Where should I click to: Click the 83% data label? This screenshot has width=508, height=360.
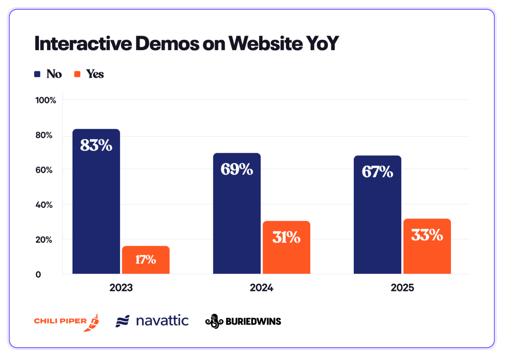click(96, 145)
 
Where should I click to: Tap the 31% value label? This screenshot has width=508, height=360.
click(286, 237)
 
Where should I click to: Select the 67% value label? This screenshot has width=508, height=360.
click(377, 172)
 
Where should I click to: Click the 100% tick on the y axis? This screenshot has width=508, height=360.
click(46, 101)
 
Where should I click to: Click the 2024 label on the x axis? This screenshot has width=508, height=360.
click(262, 287)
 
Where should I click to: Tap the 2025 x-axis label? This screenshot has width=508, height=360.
click(402, 287)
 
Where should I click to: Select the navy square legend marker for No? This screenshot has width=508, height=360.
click(38, 74)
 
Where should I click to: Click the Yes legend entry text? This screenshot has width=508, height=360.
click(95, 74)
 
